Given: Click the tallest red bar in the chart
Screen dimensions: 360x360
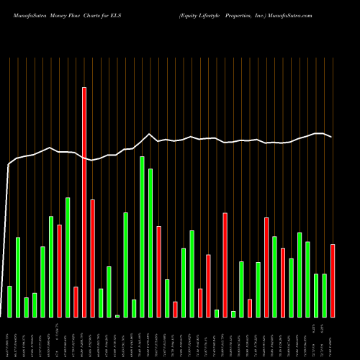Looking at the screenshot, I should tap(84, 202).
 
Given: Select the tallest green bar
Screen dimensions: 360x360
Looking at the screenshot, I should tap(142, 236).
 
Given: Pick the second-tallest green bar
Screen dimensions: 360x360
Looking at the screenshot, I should tap(150, 243).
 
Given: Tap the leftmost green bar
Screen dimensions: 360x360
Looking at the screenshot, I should tap(9, 301).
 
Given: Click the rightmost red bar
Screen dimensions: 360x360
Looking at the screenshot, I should tap(333, 281).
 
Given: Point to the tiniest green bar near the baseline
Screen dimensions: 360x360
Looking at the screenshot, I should tap(117, 315).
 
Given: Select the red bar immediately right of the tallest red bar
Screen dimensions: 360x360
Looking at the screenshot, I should tap(92, 258).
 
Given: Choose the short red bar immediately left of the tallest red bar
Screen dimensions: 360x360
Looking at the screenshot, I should tap(76, 302).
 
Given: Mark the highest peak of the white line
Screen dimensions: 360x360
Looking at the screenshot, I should tap(149, 134).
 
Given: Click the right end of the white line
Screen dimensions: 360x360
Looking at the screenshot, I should tap(331, 137).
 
